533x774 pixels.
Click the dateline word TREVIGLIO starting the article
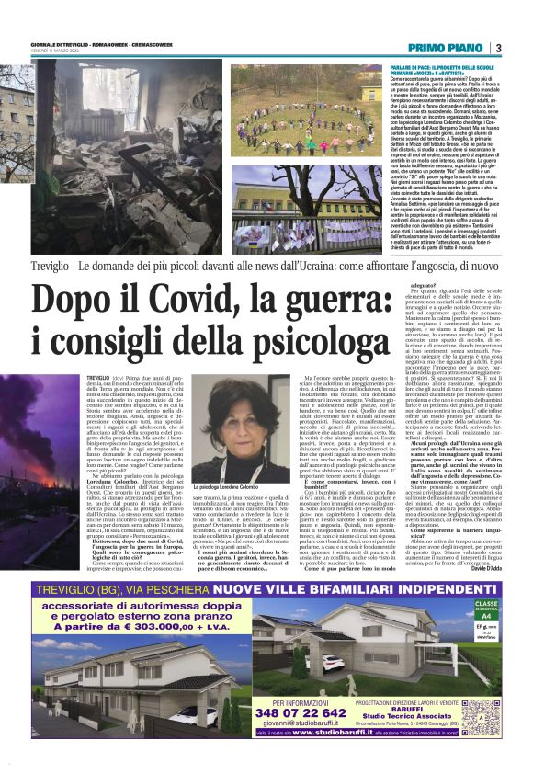pos(99,378)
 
